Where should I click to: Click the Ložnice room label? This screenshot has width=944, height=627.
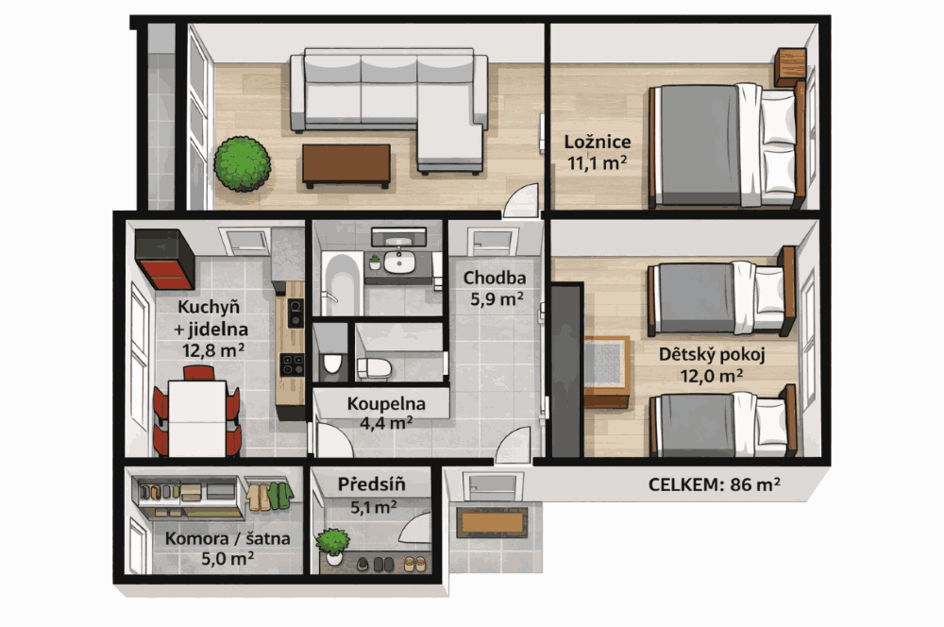pos(598,143)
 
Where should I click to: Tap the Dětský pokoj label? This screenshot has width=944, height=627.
pos(712,355)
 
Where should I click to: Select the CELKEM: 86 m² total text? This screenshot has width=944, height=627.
pos(714,484)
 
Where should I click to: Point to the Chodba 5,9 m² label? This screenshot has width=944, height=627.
pos(495,288)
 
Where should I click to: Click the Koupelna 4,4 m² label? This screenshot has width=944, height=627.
pos(386,413)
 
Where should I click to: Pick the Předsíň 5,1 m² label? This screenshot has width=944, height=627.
pos(371,496)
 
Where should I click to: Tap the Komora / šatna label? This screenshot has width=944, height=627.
pos(228,538)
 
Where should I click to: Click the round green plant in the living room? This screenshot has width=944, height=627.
pos(242,163)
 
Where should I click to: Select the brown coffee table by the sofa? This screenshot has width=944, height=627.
pos(346,165)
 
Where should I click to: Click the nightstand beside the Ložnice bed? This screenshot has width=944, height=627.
pos(790,67)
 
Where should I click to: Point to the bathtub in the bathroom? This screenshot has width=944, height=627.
pos(342,283)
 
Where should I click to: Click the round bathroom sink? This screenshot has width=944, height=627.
pos(399,262)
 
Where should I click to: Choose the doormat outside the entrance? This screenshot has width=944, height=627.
pos(492,522)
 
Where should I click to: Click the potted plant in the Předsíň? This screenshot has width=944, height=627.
pos(333,546)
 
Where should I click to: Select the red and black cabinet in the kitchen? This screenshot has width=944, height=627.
pos(164,259)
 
